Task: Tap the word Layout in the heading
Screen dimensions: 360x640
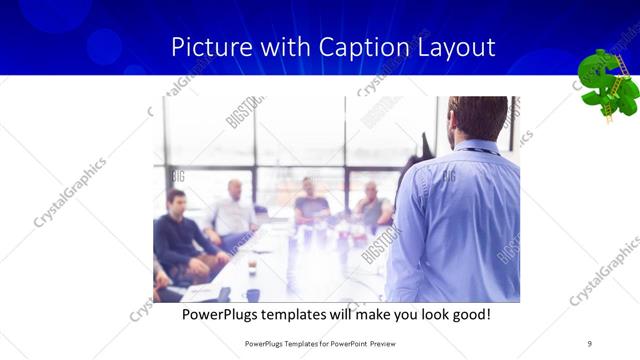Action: [x=454, y=47]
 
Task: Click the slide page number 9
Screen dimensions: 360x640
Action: [x=590, y=343]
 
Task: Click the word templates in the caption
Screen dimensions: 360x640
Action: [x=304, y=315]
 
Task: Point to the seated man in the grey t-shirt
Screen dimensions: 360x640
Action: [x=311, y=204]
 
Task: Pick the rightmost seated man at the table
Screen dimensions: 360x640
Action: [x=371, y=206]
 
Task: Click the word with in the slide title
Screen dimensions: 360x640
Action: [x=284, y=47]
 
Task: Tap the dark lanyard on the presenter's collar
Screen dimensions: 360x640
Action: [x=480, y=151]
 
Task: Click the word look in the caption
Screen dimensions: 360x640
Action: [x=422, y=315]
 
